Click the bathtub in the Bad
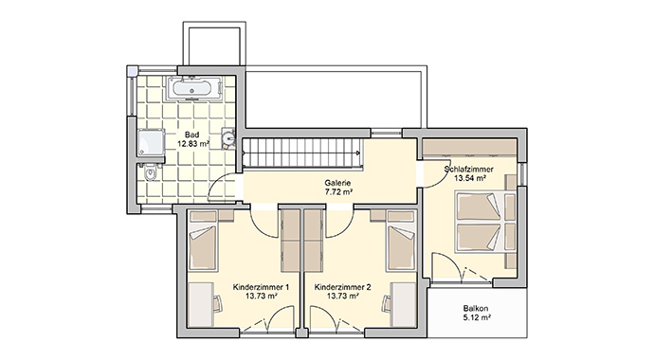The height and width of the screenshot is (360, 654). [x=195, y=89]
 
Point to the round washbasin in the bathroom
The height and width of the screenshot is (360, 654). [x=228, y=139]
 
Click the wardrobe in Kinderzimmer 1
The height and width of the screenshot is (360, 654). [x=289, y=241]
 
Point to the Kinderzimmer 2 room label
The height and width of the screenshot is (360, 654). [x=342, y=286]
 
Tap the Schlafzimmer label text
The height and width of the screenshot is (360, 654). [x=470, y=169]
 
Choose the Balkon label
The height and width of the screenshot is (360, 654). [x=477, y=309]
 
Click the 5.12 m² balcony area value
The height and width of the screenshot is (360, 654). [x=477, y=319]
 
